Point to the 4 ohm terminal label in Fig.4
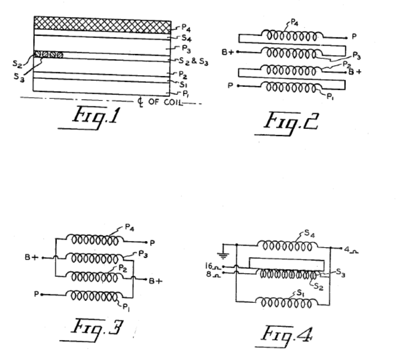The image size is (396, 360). [348, 248]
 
